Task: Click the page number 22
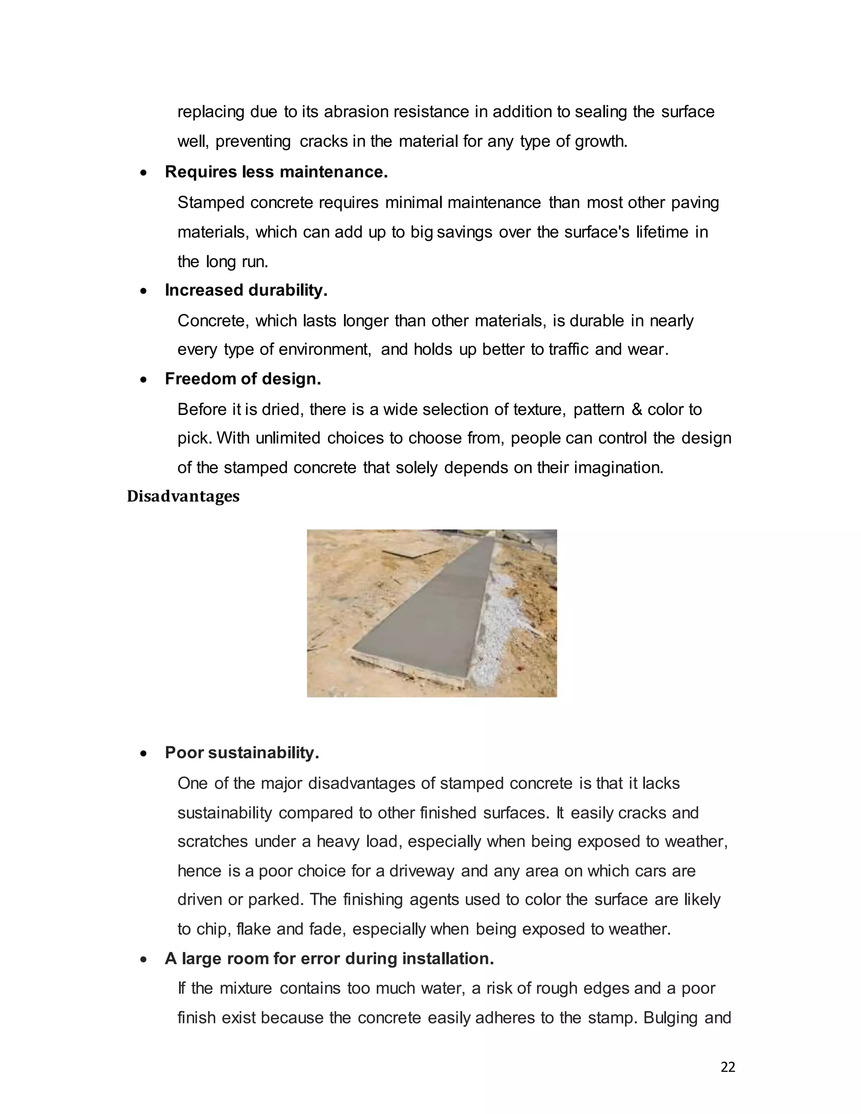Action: [x=728, y=1067]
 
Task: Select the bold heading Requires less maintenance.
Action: [x=276, y=172]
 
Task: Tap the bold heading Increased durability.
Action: [x=246, y=290]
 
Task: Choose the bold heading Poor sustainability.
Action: [x=242, y=753]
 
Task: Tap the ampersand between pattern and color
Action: [x=636, y=409]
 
